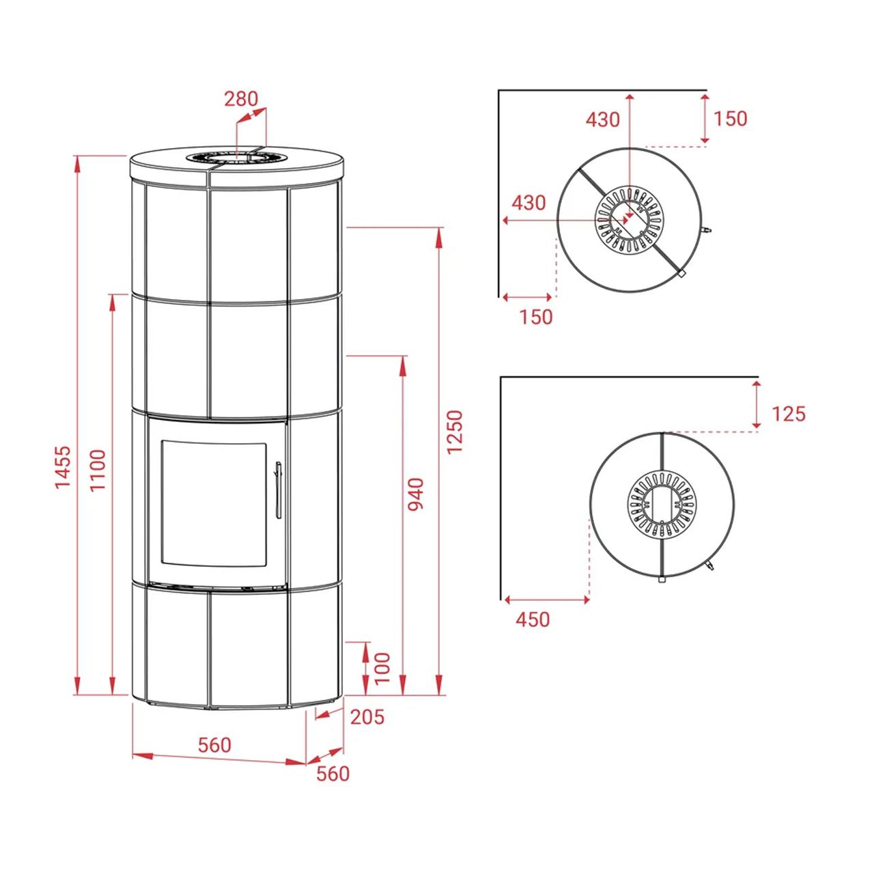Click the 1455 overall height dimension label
pos(62,468)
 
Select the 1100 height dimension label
pos(98,470)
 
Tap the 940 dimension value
pos(415,494)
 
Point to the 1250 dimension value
pos(454,432)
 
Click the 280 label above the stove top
pos(241,99)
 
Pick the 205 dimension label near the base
pos(367,716)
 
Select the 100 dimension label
pos(382,668)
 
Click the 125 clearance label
pos(789,414)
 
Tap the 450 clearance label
pos(533,619)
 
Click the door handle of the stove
pos(278,490)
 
